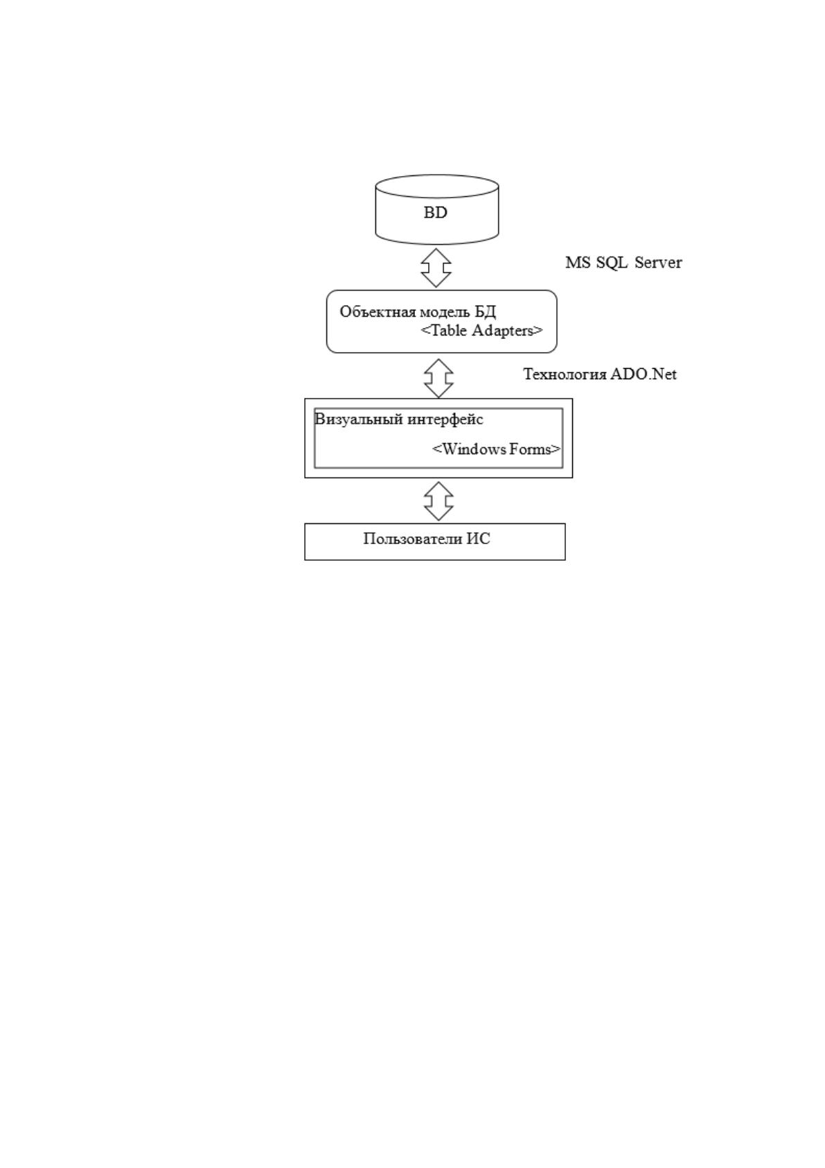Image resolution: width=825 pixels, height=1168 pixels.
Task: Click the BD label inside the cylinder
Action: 435,213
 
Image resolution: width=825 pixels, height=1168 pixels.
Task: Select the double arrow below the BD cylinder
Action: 436,268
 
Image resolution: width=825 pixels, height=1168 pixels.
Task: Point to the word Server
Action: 658,262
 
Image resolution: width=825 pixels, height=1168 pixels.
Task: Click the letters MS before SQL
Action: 578,262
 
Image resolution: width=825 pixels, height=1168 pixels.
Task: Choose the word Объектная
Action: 371,312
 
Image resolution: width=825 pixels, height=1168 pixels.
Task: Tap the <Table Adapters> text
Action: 481,331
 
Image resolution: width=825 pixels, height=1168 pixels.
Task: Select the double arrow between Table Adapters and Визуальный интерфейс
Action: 438,378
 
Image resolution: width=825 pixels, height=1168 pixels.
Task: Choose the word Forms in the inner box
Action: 530,449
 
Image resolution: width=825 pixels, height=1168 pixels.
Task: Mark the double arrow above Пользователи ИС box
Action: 438,501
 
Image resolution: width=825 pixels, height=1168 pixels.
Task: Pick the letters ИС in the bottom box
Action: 479,539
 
